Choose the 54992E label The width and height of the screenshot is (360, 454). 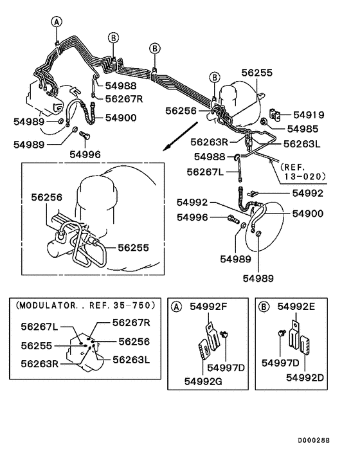click(296, 307)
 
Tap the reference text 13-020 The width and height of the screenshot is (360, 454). click(303, 175)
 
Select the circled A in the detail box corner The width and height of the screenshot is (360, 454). click(175, 307)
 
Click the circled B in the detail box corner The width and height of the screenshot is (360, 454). click(264, 307)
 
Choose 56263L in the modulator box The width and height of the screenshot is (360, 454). click(131, 360)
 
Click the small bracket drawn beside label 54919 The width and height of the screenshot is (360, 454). click(276, 115)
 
